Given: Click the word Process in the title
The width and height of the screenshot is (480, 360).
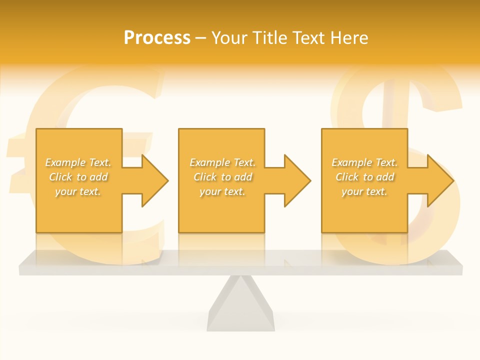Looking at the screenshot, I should pos(157,38).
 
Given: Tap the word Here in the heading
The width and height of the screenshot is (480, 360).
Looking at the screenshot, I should pos(349,38).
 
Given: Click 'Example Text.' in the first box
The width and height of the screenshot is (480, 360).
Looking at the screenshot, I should pos(78,162).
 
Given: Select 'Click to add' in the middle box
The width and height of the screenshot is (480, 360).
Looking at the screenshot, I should pos(222,177).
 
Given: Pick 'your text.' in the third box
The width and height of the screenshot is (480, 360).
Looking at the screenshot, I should pos(364,191).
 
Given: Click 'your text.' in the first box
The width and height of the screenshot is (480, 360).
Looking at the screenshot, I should pos(78,191).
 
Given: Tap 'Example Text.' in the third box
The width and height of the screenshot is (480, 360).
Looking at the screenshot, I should pos(364,162).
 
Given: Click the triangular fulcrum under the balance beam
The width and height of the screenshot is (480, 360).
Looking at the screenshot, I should pos(240,305).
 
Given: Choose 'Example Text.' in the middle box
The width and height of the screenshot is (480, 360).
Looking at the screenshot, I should pos(222,162).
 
